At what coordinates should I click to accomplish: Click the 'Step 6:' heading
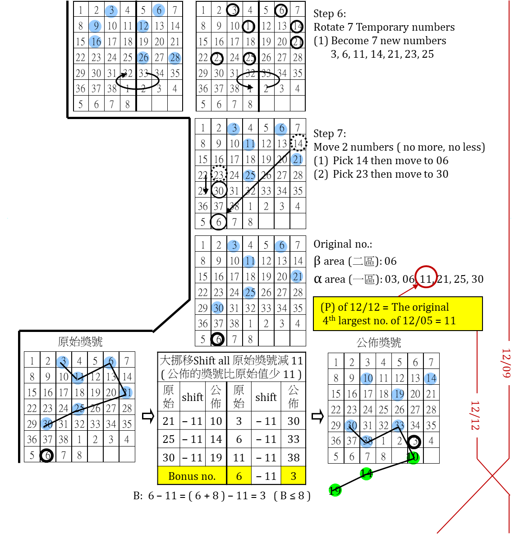coord(330,14)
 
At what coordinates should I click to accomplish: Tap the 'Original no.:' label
coord(343,244)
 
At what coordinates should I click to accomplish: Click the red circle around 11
coord(426,277)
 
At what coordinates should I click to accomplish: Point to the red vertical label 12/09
coord(506,363)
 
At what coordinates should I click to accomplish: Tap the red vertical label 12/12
coord(475,415)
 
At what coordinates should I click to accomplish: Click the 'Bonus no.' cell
coord(192,476)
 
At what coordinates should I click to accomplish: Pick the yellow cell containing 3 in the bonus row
coord(293,476)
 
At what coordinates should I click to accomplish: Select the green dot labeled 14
coord(366,474)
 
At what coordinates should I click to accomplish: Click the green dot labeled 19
coord(335,490)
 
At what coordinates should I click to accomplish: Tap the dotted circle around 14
coord(298,143)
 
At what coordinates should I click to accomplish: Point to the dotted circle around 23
coord(219,175)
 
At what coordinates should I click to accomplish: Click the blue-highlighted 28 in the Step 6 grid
coord(175,58)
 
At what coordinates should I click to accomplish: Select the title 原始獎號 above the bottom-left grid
coord(80,342)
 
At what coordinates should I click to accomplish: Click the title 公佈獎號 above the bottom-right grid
coord(379,343)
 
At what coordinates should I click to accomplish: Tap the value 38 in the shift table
coord(293,457)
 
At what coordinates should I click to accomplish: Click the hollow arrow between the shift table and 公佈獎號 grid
coord(317,416)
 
